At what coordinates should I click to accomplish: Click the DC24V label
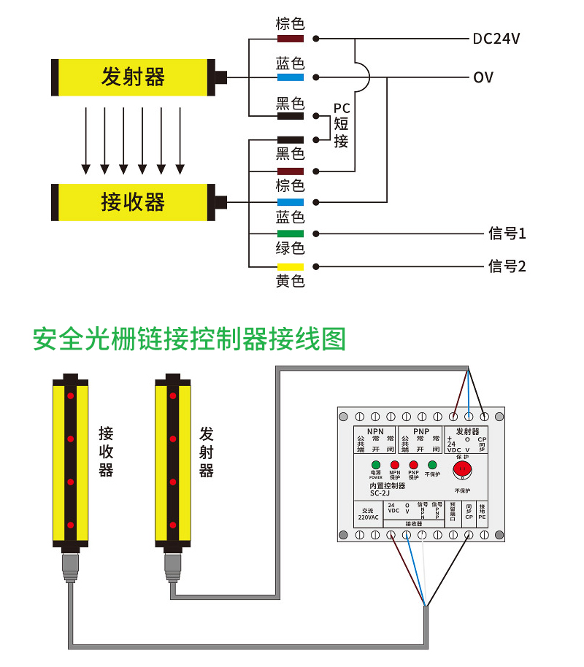[496, 39]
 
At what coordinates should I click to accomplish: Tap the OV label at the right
[483, 77]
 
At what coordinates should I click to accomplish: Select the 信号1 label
[507, 234]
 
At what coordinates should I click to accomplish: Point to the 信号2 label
[507, 266]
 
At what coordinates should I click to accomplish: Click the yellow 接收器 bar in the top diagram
[133, 202]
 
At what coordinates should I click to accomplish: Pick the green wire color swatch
[290, 234]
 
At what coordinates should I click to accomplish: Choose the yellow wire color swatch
[290, 266]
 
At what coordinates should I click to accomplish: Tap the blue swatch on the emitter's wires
[290, 77]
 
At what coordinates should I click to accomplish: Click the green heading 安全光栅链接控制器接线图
[189, 339]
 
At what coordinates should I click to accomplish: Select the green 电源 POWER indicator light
[376, 465]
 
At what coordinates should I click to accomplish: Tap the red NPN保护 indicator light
[395, 465]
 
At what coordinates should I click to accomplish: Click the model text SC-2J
[380, 492]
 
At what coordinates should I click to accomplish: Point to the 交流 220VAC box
[368, 514]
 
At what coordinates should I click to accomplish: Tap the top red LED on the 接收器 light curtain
[71, 396]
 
